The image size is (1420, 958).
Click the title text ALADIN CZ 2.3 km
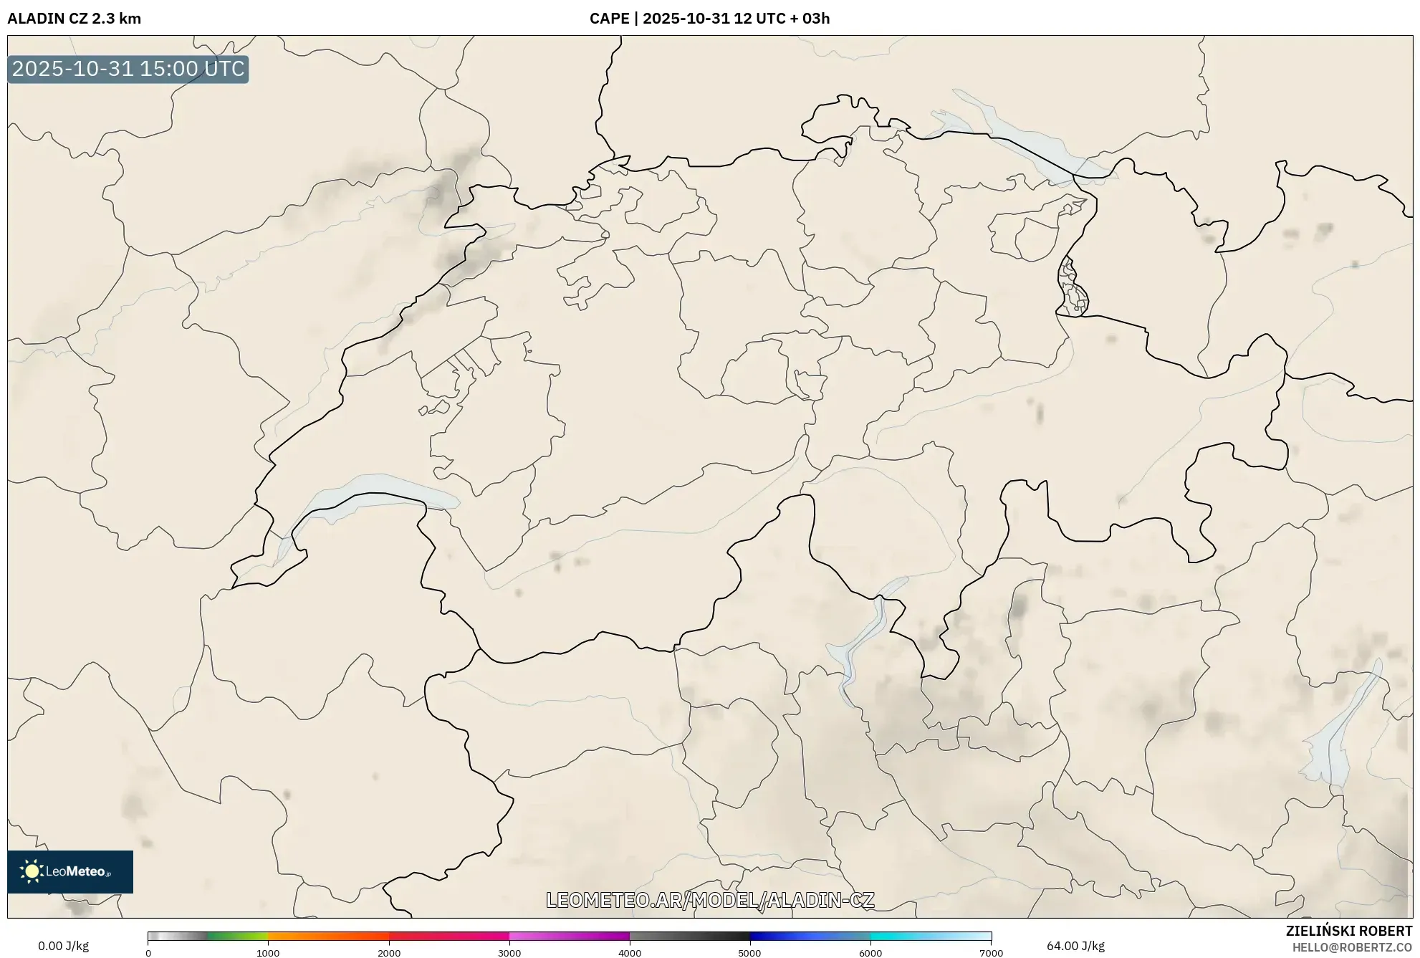click(74, 19)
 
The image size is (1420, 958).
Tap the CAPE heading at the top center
click(709, 19)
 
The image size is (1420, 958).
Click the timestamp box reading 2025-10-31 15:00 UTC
click(128, 70)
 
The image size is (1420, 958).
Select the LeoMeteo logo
click(70, 871)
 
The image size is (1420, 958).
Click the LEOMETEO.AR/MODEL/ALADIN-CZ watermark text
click(710, 900)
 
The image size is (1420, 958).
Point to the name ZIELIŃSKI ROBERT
click(1349, 931)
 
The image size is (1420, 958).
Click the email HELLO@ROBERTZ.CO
click(1352, 947)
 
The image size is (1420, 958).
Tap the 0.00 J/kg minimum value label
click(63, 946)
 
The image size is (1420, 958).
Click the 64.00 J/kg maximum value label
click(1075, 946)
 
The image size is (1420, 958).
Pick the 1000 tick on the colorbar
click(268, 953)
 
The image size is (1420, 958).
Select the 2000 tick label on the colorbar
click(389, 953)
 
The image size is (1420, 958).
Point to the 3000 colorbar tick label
click(509, 953)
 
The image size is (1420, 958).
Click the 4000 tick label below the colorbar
click(630, 953)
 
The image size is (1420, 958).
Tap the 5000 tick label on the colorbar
click(750, 953)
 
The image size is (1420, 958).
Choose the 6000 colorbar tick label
click(870, 953)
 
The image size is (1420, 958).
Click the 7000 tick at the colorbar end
click(991, 953)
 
